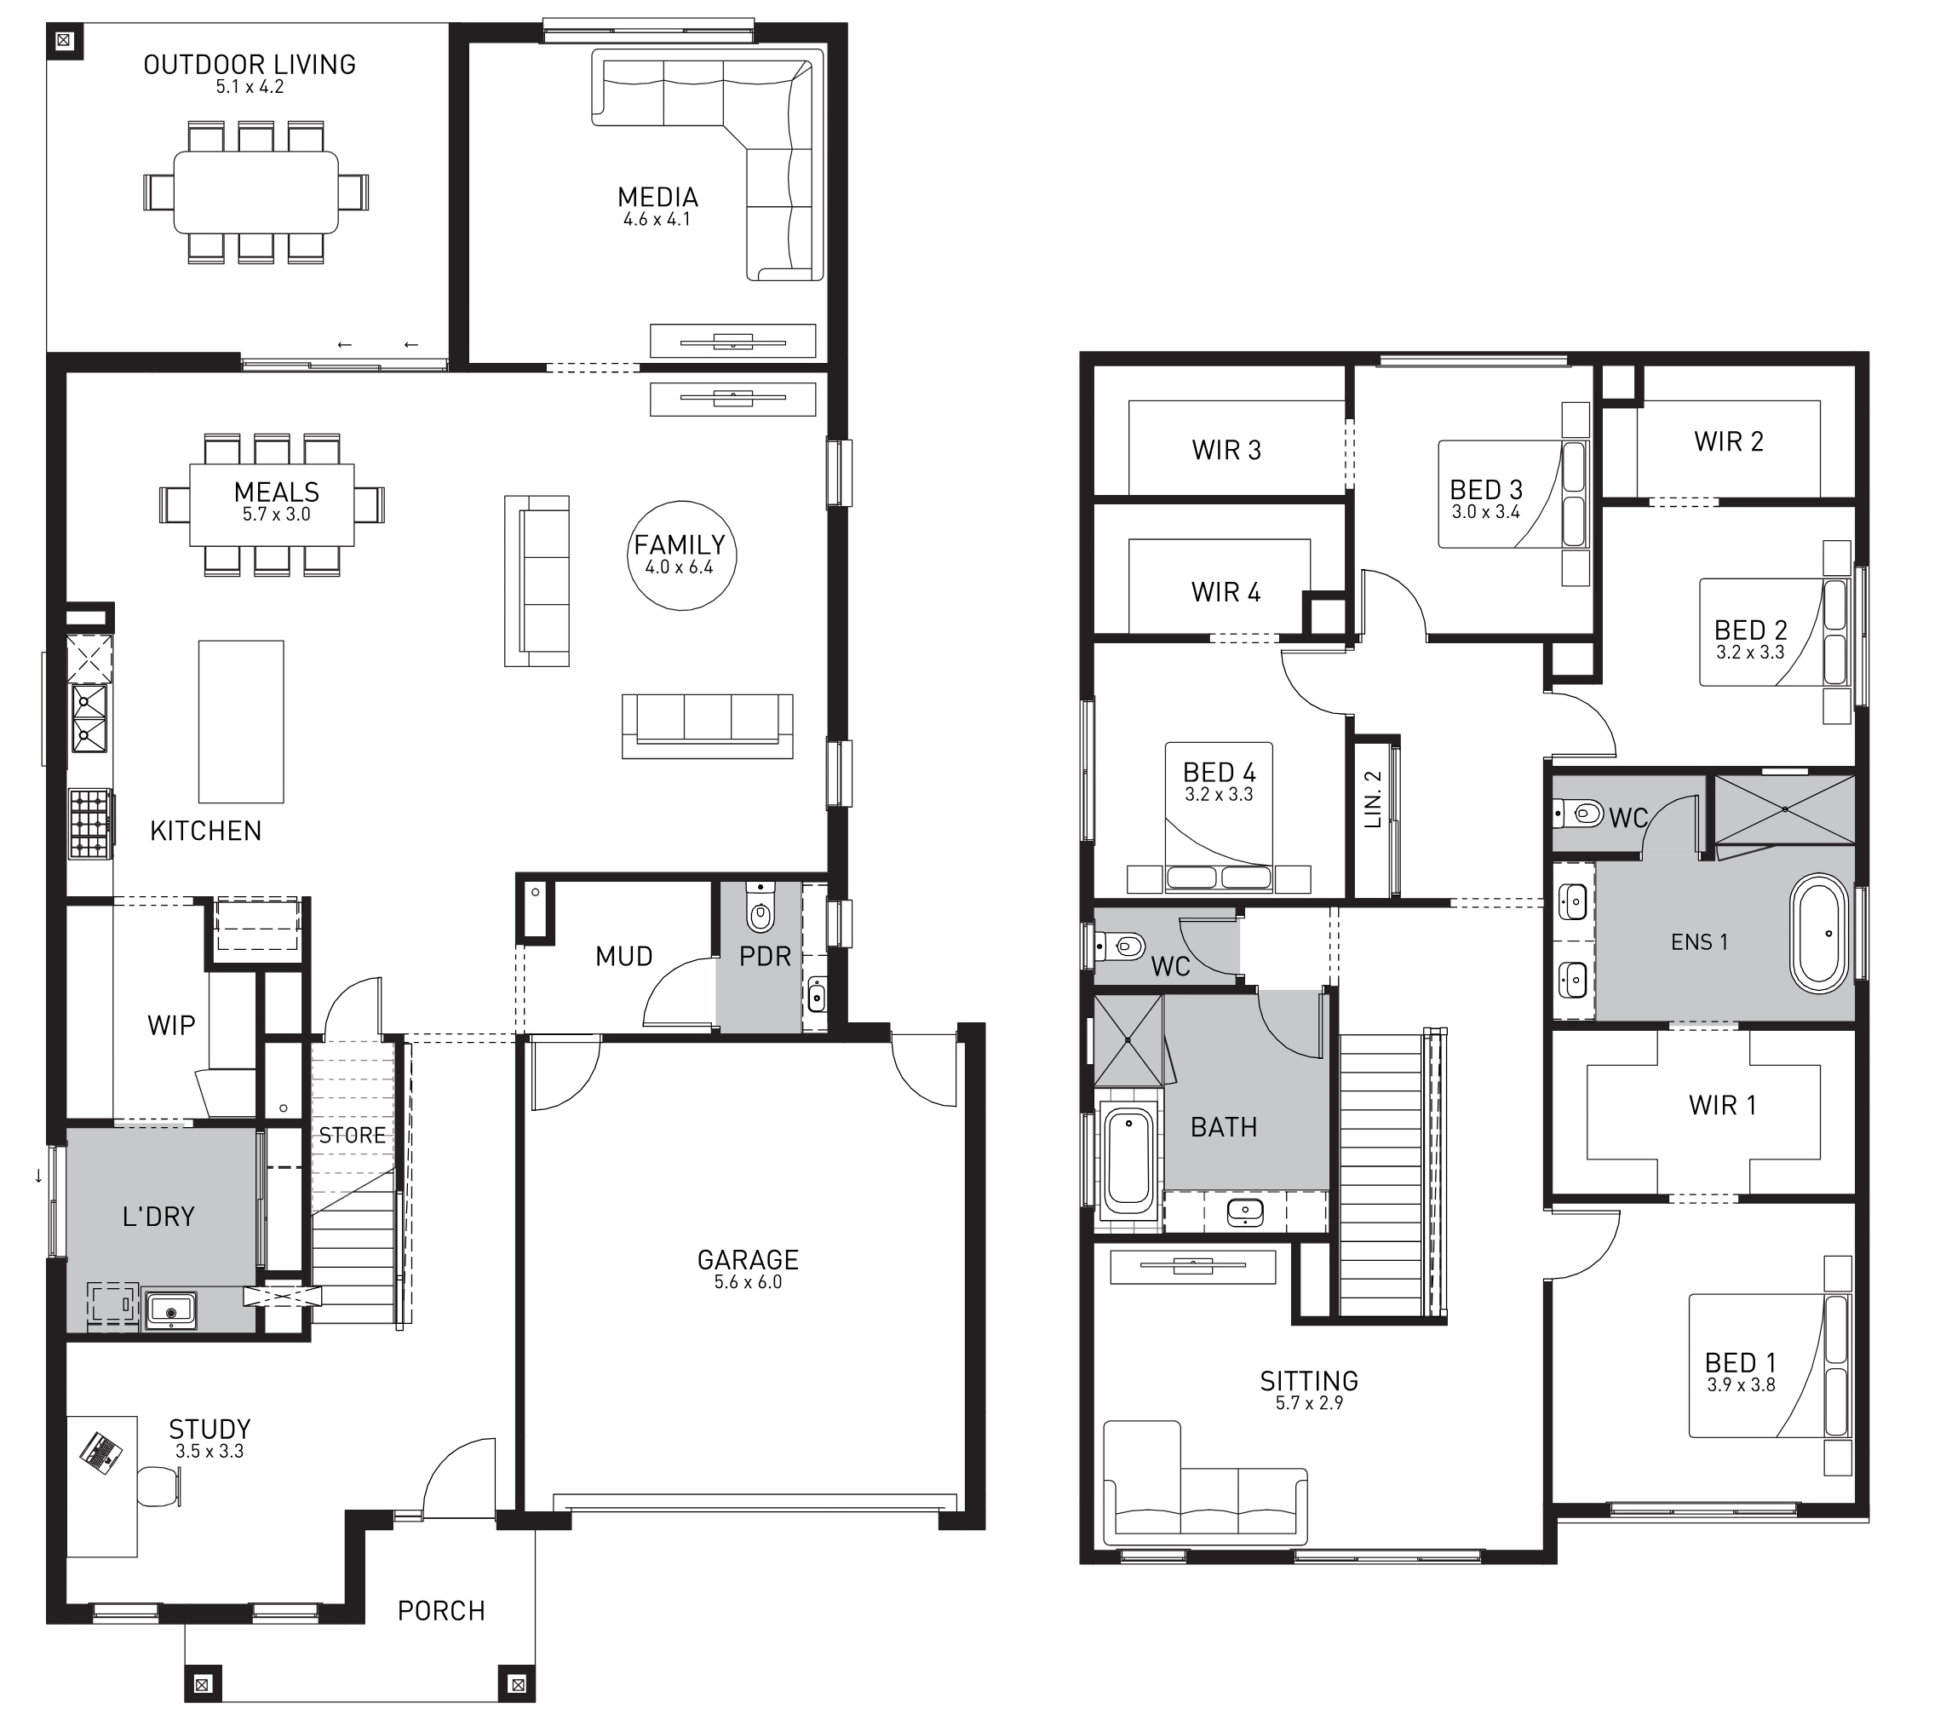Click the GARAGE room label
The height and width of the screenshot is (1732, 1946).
click(748, 1260)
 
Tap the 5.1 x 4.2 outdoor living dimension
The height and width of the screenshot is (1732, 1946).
click(250, 87)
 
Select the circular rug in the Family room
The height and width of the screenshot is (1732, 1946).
click(681, 555)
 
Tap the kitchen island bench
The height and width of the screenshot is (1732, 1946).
click(241, 722)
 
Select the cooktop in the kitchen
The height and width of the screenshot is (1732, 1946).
click(89, 824)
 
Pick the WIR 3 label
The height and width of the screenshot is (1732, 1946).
click(1226, 450)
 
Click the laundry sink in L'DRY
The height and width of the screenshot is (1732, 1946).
click(170, 1311)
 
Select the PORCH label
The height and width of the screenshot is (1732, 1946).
click(441, 1611)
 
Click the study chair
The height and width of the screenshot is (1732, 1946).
click(159, 1487)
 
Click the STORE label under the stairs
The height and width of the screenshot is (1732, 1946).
click(353, 1135)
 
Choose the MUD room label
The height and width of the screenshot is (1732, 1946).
click(623, 956)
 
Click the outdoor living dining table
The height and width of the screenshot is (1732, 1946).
click(255, 193)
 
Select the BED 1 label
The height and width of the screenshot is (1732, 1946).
click(1741, 1362)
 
